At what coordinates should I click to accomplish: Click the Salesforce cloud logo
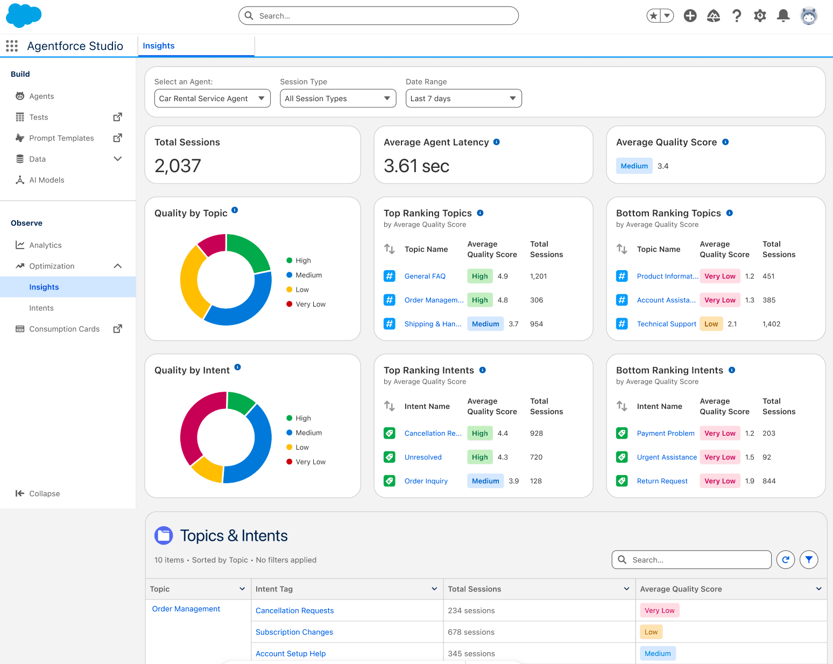(x=23, y=15)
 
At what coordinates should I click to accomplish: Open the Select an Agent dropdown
(x=212, y=98)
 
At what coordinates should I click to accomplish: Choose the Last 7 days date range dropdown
(x=463, y=98)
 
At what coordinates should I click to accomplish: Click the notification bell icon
(x=783, y=16)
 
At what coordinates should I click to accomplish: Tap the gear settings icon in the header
(x=760, y=16)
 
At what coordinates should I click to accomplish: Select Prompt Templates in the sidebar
(x=61, y=138)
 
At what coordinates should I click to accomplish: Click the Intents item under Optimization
(x=41, y=308)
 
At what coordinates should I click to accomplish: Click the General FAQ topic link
(x=425, y=277)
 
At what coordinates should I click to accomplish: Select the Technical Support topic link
(x=666, y=324)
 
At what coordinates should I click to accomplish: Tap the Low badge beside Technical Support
(x=711, y=324)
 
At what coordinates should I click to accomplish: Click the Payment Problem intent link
(x=665, y=434)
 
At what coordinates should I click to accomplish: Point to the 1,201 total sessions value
(x=538, y=277)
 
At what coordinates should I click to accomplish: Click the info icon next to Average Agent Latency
(x=497, y=142)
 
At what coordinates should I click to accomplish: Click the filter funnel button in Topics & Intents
(x=809, y=560)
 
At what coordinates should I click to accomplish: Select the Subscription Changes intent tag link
(x=294, y=632)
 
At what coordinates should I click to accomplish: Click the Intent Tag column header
(x=274, y=589)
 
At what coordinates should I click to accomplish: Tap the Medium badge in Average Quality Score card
(x=634, y=166)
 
